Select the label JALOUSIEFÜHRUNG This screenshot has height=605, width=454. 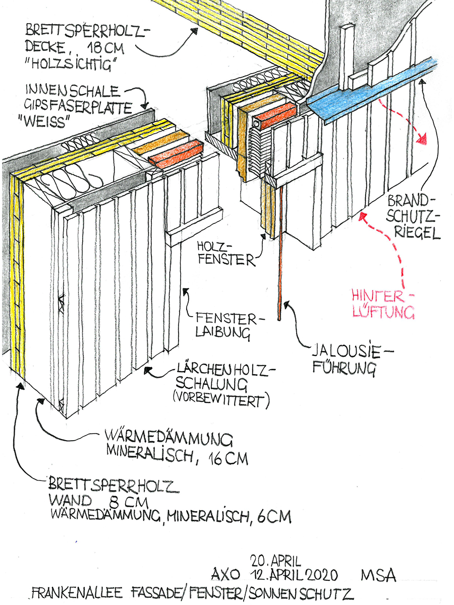point(346,359)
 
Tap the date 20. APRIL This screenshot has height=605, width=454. point(275,560)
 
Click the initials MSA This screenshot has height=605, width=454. point(378,575)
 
